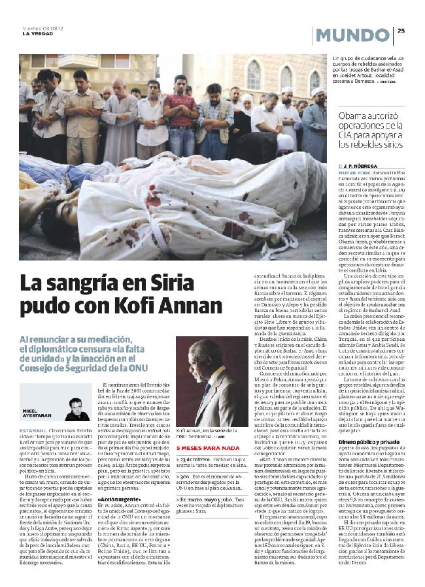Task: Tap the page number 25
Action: (401, 29)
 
